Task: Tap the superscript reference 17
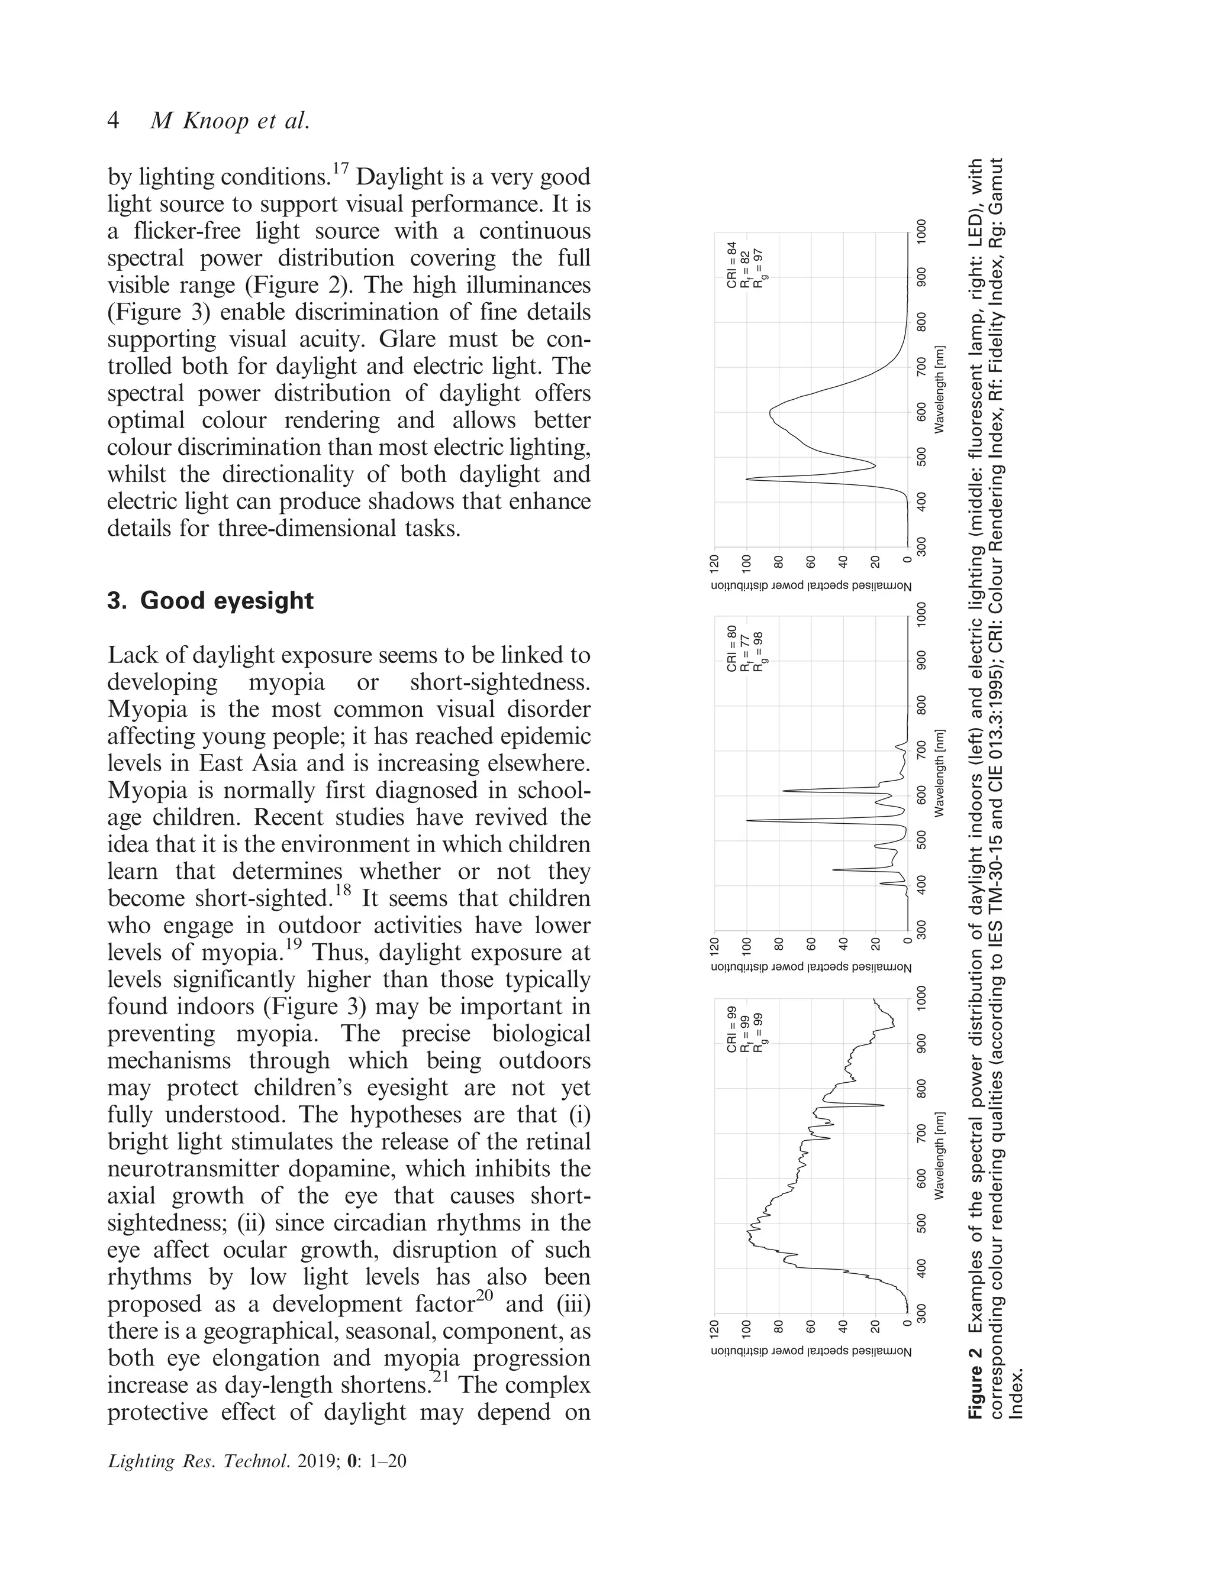341,169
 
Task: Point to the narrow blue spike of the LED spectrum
748,478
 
